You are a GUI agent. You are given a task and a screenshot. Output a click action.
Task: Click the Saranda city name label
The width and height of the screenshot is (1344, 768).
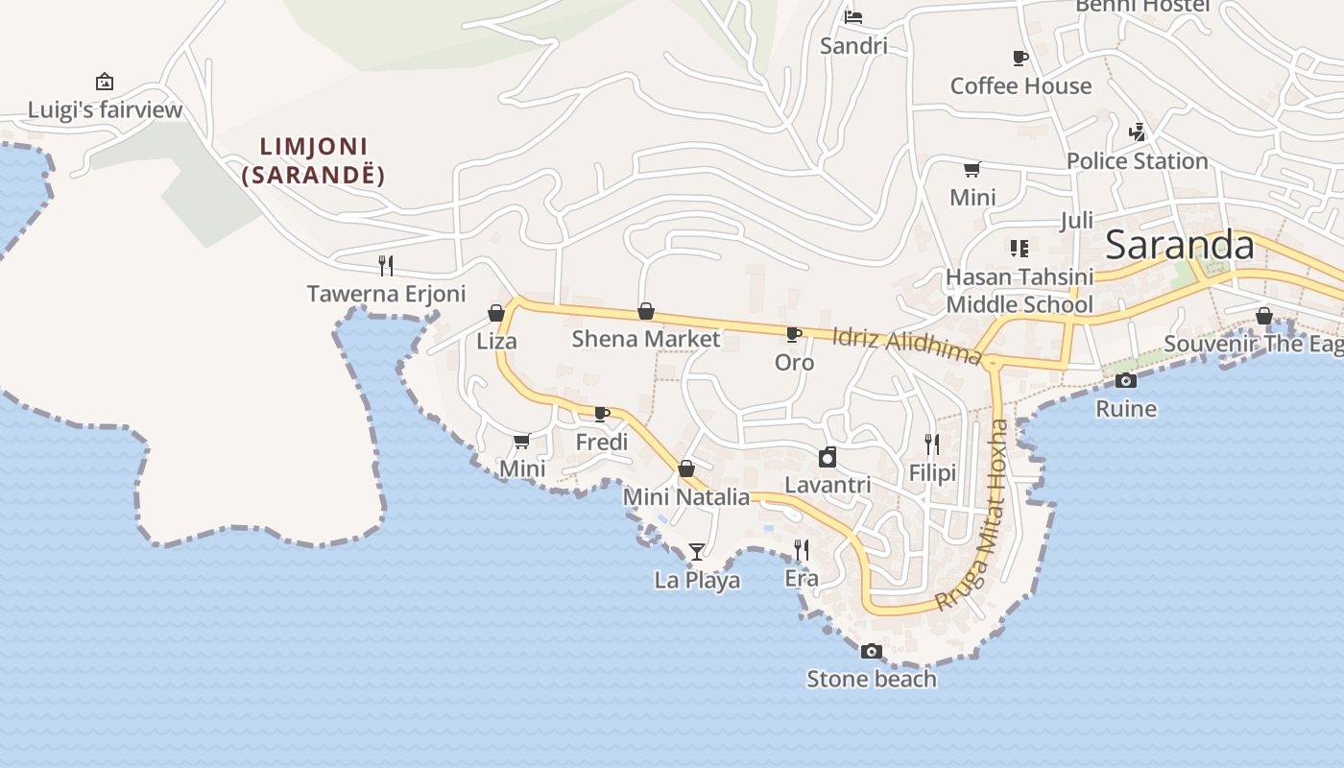point(1180,246)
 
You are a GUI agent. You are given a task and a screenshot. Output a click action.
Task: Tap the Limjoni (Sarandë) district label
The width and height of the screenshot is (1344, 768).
point(314,161)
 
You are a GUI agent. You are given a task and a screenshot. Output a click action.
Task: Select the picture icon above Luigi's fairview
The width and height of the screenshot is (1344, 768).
point(105,82)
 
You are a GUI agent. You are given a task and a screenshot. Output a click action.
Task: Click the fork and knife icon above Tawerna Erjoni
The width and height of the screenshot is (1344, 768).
point(386,265)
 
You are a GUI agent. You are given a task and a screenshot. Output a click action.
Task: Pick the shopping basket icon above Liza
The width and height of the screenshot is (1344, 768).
point(496,313)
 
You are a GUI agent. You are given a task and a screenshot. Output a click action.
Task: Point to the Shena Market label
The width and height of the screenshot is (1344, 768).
point(645,339)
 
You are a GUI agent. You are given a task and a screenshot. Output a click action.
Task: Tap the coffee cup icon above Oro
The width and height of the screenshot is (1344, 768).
point(794,334)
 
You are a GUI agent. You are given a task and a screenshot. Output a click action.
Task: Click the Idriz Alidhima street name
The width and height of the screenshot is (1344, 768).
point(907,346)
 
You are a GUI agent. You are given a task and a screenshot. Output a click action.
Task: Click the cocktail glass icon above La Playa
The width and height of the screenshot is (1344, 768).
point(697,551)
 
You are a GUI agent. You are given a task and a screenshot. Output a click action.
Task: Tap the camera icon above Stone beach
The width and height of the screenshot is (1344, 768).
point(871,651)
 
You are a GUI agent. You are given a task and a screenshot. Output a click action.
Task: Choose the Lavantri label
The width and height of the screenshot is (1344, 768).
point(828,485)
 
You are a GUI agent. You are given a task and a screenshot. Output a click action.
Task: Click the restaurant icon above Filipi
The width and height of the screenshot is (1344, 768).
point(932,444)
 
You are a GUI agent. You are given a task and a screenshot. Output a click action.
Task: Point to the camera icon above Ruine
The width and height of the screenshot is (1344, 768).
point(1126,380)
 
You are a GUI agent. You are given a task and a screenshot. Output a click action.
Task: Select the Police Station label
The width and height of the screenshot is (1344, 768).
point(1137,161)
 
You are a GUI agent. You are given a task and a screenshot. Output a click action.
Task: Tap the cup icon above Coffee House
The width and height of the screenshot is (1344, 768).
point(1020,58)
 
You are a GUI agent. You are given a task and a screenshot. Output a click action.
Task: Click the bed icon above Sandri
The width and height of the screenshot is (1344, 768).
point(853,16)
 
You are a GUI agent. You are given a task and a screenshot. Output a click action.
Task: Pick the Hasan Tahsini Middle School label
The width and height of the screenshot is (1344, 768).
point(1020,291)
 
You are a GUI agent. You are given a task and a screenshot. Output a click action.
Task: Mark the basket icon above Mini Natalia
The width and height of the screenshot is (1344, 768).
point(686,468)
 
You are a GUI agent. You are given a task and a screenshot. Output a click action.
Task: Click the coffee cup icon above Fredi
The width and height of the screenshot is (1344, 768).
point(602,414)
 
